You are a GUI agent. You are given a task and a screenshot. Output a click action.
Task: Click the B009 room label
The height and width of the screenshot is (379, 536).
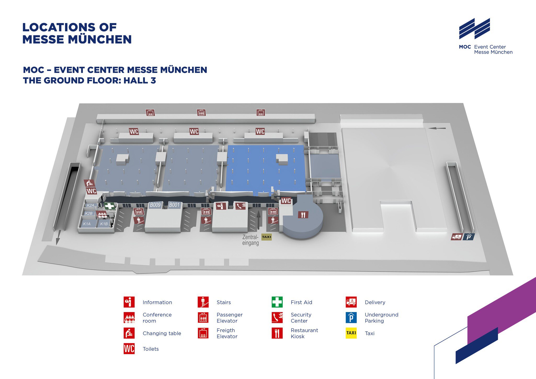click(155, 205)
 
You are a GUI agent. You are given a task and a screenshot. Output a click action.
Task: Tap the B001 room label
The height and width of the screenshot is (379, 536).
click(174, 205)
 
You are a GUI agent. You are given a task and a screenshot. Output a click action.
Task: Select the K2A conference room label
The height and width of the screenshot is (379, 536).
click(90, 205)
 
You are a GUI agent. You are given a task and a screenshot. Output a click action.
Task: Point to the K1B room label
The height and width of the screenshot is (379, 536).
click(104, 224)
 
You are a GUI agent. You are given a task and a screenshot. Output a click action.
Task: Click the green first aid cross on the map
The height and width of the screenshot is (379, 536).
click(110, 206)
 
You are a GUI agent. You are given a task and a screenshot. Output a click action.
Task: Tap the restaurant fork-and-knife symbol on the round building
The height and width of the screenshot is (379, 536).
click(303, 215)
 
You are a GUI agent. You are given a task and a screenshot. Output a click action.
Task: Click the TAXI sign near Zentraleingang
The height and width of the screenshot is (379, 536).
click(266, 237)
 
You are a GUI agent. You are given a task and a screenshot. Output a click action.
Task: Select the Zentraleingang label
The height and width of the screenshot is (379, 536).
click(250, 240)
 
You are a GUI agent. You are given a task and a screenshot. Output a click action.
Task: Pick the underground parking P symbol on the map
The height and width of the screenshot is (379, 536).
click(469, 237)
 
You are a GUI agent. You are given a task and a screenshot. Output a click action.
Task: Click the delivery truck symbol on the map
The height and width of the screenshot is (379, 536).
click(457, 237)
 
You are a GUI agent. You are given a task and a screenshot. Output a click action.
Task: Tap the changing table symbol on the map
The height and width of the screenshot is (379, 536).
click(89, 183)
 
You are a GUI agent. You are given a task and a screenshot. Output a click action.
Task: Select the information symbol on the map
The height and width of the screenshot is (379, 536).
click(221, 206)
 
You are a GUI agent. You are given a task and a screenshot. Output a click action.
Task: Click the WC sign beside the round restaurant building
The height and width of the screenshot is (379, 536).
click(286, 201)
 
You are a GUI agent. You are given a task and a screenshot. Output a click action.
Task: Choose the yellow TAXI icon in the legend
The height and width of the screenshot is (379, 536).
click(351, 333)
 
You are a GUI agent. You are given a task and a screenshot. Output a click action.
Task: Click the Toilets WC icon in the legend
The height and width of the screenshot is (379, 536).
click(129, 349)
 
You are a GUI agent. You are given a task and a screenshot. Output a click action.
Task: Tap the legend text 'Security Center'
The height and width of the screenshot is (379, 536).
click(301, 318)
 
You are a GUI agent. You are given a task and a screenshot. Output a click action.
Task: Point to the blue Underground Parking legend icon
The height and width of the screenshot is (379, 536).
click(351, 318)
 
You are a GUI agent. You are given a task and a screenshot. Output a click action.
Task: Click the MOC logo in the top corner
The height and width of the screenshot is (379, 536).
click(475, 29)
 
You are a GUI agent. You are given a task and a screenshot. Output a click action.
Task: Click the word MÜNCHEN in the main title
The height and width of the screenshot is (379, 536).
click(100, 39)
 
